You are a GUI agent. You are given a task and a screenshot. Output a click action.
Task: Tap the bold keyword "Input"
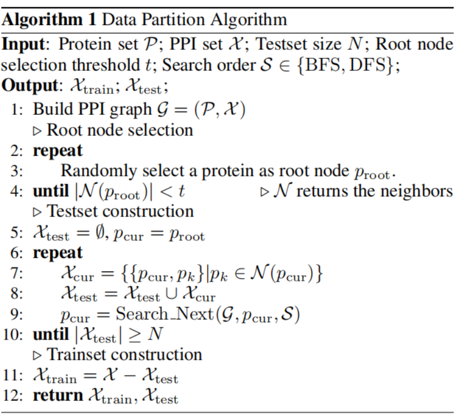27,45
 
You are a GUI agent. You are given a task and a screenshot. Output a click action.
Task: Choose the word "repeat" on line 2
58,150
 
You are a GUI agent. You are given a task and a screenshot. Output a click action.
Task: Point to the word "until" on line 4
51,191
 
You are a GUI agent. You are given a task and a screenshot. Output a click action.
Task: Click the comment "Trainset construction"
125,355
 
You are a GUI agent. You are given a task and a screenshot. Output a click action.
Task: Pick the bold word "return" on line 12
59,396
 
